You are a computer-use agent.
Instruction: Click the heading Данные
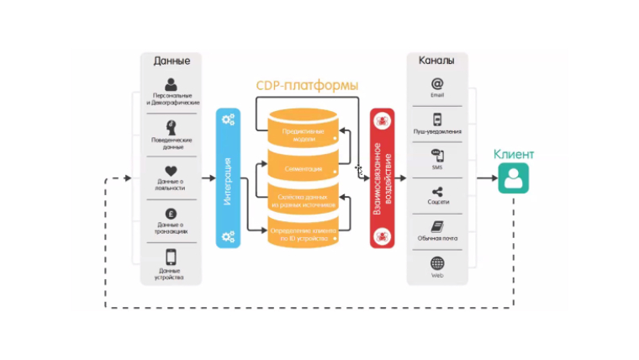click(x=171, y=61)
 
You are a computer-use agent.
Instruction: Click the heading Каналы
click(x=436, y=61)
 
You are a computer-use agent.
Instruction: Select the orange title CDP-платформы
click(x=307, y=86)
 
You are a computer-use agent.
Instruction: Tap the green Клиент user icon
click(x=513, y=178)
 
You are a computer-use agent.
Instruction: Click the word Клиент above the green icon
click(x=513, y=155)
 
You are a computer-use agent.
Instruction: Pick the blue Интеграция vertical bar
click(x=227, y=178)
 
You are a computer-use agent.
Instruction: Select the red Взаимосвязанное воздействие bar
click(x=382, y=178)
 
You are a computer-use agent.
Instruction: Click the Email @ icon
click(x=437, y=84)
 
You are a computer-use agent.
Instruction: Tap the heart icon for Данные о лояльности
click(x=171, y=171)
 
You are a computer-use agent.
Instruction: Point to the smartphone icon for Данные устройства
click(x=171, y=257)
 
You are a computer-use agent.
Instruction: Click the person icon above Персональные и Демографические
click(x=171, y=84)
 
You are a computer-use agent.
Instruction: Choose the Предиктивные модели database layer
click(x=303, y=135)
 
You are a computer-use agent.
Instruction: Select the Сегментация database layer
click(x=303, y=168)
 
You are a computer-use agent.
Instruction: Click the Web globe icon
click(x=437, y=262)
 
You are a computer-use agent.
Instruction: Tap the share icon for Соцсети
click(x=437, y=192)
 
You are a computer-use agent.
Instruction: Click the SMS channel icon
click(x=437, y=156)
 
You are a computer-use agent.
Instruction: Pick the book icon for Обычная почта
click(x=437, y=227)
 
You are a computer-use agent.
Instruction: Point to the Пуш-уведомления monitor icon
click(x=437, y=119)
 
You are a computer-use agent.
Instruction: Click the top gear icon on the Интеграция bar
click(x=227, y=119)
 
